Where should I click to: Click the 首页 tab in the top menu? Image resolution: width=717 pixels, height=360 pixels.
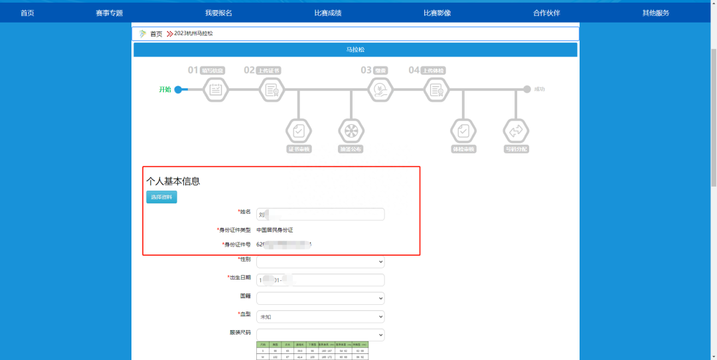27,13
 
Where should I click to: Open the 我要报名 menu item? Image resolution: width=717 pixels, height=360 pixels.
218,13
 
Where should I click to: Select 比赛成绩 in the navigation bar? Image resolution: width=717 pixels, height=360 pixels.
328,13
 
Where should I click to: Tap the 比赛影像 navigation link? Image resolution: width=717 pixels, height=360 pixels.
437,13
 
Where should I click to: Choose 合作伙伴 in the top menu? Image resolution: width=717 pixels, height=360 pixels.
546,13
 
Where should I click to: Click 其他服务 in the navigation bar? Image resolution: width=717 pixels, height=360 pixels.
656,13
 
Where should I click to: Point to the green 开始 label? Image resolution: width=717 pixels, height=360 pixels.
165,90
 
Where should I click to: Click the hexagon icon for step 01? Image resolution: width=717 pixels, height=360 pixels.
215,90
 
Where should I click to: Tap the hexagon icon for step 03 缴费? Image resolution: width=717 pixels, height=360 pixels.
381,90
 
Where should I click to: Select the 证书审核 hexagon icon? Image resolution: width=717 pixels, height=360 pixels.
299,130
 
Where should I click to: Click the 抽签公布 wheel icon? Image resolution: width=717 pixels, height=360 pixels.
351,130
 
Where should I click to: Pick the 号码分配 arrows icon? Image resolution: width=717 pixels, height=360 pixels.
516,130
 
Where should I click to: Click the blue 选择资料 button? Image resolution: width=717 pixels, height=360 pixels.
161,197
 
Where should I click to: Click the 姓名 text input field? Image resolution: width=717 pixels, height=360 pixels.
320,214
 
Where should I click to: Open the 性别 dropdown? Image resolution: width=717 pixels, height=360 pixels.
320,262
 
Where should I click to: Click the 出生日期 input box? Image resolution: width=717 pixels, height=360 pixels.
320,280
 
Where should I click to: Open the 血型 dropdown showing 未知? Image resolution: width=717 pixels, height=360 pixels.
320,317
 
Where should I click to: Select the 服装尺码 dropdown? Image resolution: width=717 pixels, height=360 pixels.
320,335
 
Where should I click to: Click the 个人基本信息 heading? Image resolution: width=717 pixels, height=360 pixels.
173,181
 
